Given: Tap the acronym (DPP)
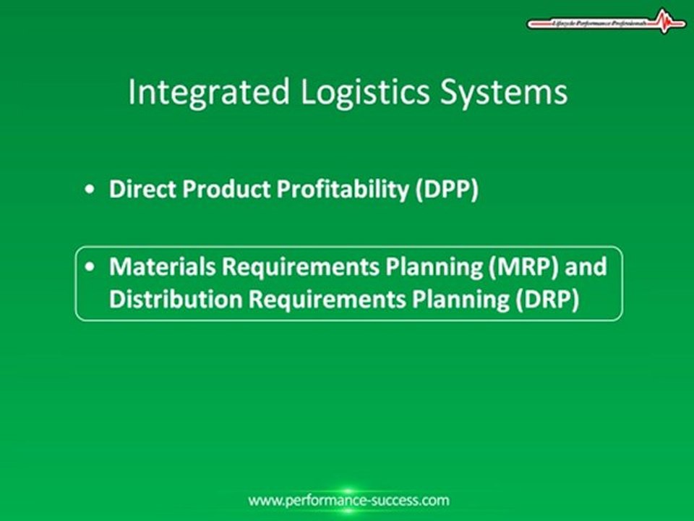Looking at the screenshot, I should coord(447,190).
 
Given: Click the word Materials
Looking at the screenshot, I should coord(161,266).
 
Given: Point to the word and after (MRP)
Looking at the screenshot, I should coord(586,266).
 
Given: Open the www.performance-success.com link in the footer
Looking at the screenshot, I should coord(348,500).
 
